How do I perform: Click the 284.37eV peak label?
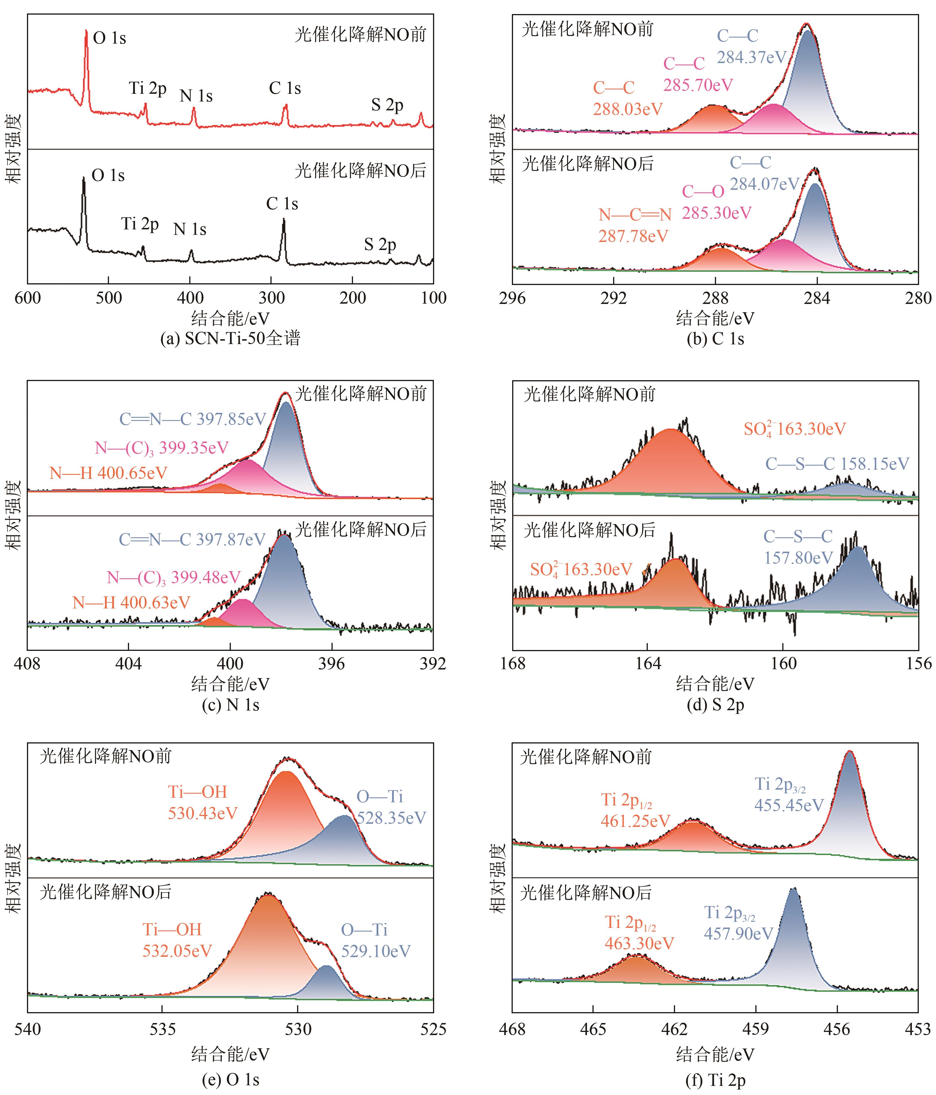752,57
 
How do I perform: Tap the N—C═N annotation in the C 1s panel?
635,214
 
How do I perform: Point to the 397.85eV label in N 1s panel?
231,419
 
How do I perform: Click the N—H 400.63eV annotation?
131,602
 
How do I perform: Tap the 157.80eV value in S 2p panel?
798,558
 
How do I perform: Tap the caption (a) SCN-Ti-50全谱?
231,338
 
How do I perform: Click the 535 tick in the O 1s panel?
163,1029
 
